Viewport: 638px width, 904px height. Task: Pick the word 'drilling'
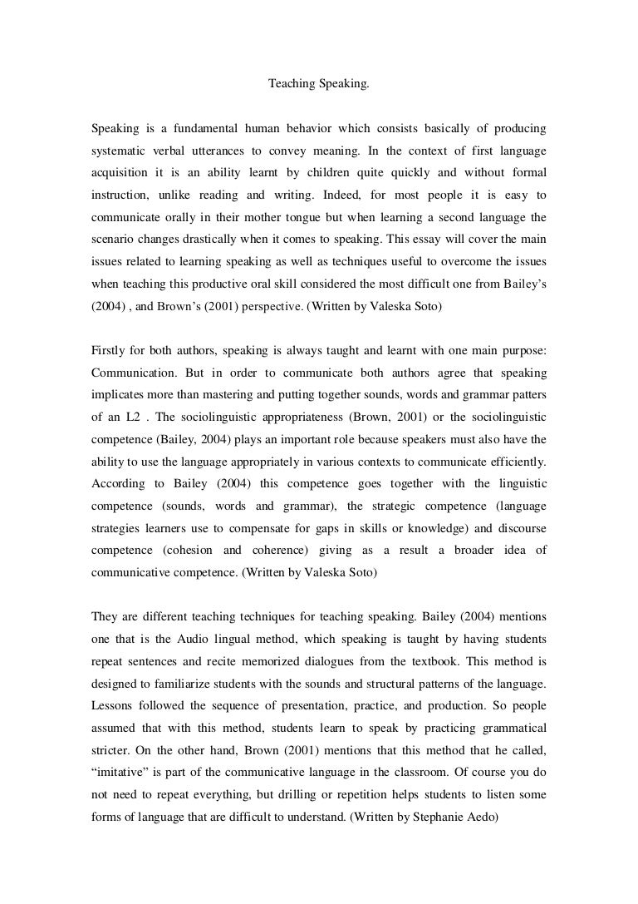(x=279, y=793)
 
